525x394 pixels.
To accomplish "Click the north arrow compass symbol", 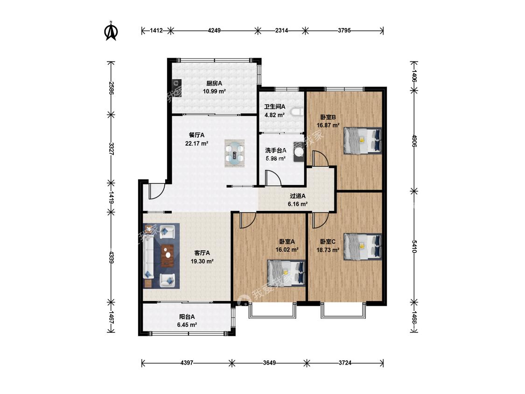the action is tap(112, 31).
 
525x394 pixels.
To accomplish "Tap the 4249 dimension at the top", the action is tap(214, 30).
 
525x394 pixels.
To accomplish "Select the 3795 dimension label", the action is tap(344, 30).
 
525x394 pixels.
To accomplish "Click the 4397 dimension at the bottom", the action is tap(187, 363).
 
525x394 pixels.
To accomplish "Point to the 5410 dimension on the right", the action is tap(414, 246).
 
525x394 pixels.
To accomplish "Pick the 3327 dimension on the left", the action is tap(112, 149).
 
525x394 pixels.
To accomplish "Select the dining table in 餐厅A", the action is tap(234, 154).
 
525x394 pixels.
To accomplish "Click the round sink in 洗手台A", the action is tap(299, 152).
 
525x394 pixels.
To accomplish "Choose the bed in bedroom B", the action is tap(363, 141).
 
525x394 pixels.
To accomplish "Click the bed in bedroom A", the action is tap(286, 274).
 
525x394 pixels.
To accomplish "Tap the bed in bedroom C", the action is tap(363, 246).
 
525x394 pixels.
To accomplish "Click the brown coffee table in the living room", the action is tap(168, 256).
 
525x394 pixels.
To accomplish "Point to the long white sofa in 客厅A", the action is tap(149, 256).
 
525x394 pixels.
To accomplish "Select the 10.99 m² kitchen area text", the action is tap(214, 91).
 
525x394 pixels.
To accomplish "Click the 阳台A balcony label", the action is tap(187, 317).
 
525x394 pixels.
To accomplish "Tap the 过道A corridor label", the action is tap(298, 196).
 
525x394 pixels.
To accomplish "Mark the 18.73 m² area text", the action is tap(328, 250).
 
